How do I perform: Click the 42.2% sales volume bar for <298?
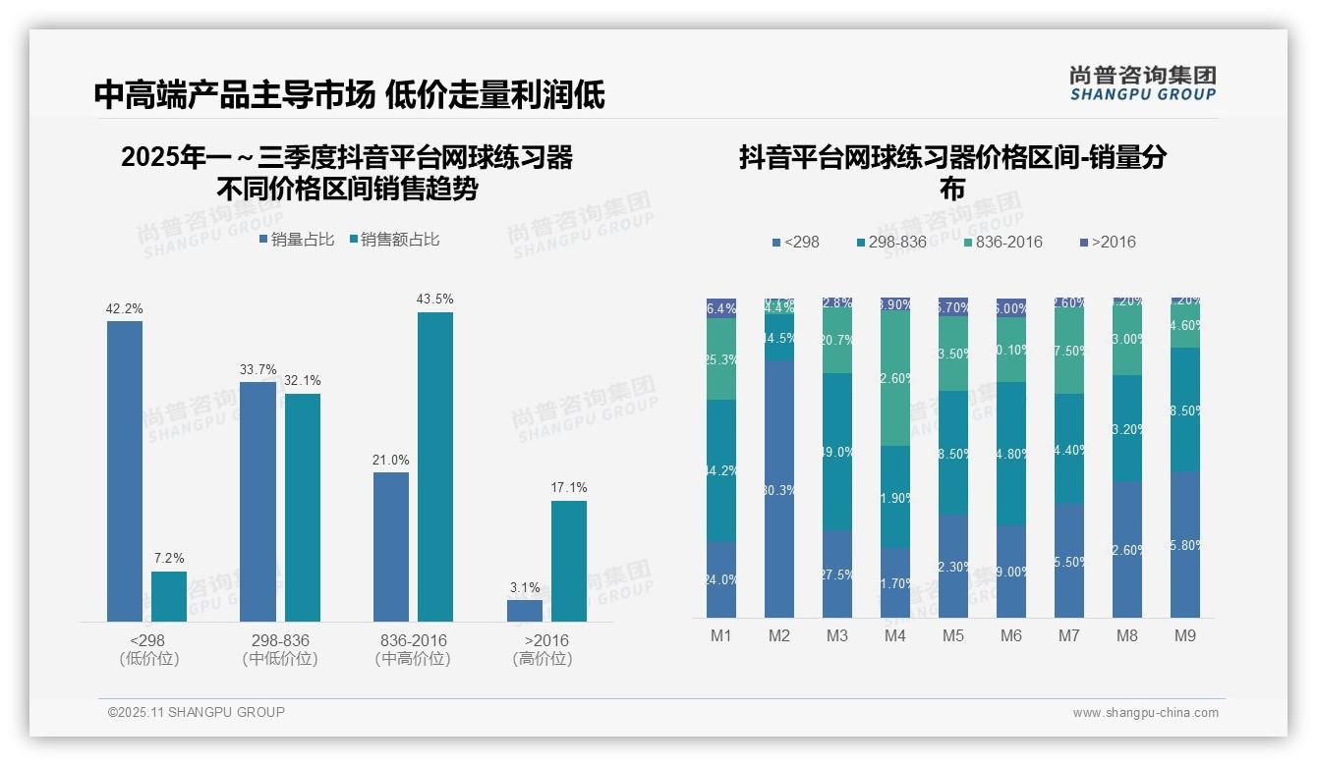coord(124,471)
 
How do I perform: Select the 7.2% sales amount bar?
coord(169,596)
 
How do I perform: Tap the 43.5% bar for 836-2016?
coord(434,466)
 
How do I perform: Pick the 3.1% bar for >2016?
coord(524,610)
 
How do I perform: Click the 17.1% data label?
coord(568,488)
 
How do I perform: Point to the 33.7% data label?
coord(258,369)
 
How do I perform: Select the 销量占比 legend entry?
coord(297,240)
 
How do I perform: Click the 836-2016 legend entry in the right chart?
coord(1002,243)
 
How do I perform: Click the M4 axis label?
coord(894,636)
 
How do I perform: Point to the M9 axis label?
coord(1185,636)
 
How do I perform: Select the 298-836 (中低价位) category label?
coord(280,649)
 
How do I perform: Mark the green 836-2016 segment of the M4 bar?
coord(894,378)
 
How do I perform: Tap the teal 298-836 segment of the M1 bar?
coord(720,470)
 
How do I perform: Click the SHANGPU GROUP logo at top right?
coord(1142,83)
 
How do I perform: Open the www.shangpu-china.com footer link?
coord(1145,713)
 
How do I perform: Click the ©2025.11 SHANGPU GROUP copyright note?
coord(197,712)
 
